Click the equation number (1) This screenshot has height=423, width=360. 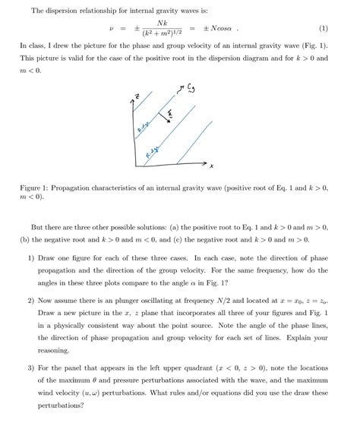pyautogui.click(x=324, y=31)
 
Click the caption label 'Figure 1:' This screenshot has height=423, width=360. pyautogui.click(x=38, y=187)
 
